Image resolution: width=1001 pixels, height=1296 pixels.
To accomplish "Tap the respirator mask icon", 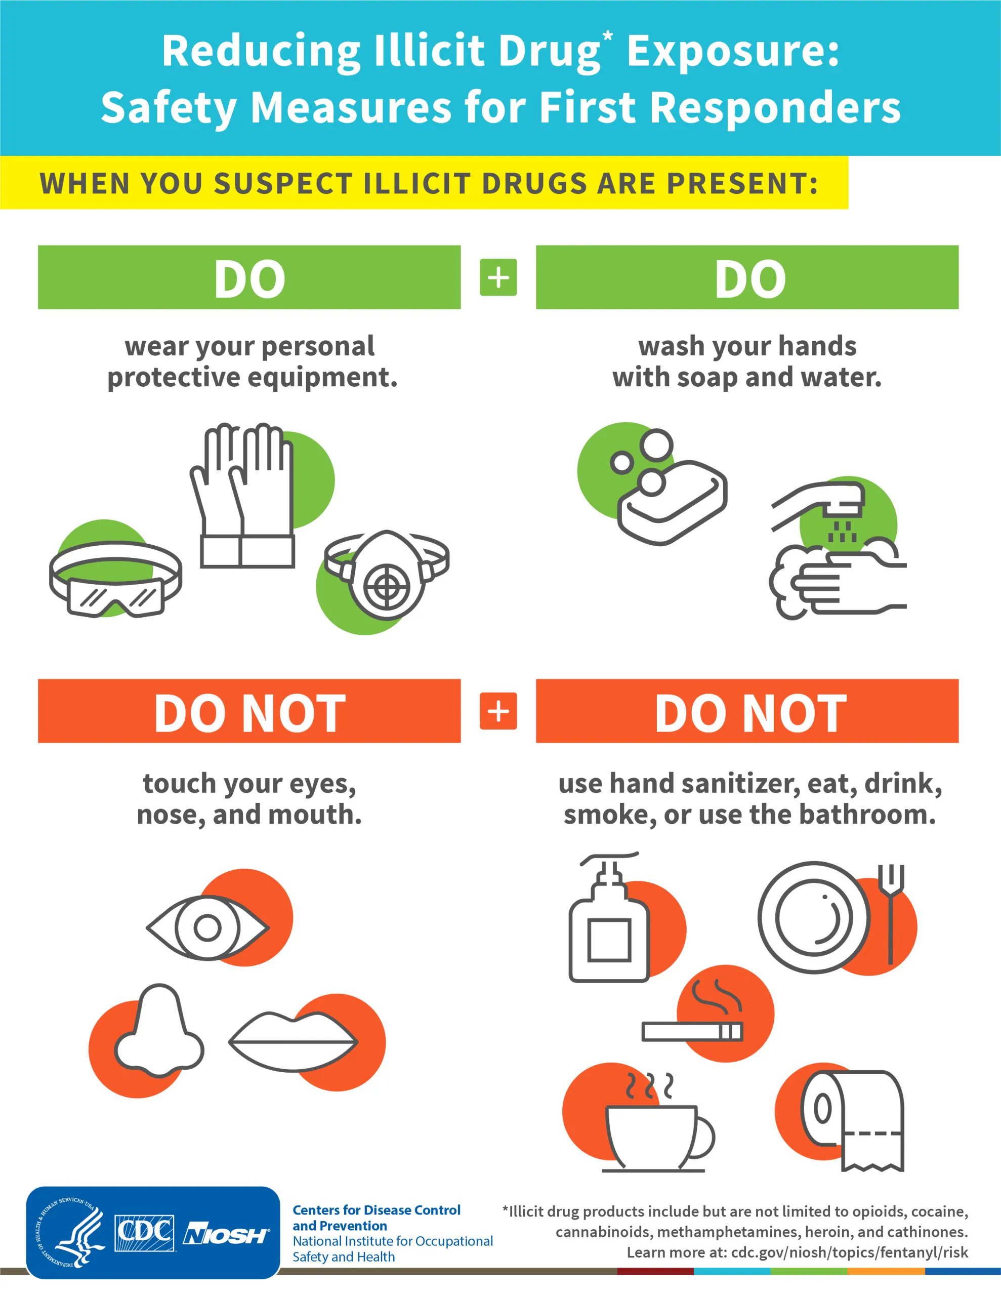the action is (x=386, y=575).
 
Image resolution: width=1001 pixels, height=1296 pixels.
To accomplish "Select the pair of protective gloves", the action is (x=244, y=496).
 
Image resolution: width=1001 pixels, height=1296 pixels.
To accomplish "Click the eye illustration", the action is (x=207, y=927).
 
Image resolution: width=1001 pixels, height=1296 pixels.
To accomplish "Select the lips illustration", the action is (x=293, y=1042).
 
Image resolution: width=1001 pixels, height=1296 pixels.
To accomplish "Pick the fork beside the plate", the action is (x=890, y=913).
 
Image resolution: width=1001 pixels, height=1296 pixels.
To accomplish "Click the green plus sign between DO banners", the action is (x=498, y=277).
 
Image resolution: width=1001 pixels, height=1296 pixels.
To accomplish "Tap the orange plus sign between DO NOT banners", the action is (x=498, y=711).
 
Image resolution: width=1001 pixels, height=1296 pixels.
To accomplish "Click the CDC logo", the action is (x=144, y=1234).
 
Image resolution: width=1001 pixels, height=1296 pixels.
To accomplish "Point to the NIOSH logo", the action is (x=226, y=1234).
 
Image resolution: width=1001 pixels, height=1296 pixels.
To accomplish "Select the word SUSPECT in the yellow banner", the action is (x=283, y=183).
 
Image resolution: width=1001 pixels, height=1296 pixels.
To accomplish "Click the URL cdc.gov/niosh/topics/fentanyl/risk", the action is (x=849, y=1252).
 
